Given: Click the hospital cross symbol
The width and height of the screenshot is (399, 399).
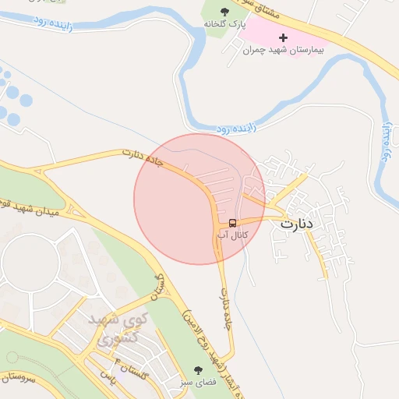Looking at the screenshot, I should click(x=282, y=37).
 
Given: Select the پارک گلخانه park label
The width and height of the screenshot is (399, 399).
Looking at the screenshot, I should click(x=225, y=25).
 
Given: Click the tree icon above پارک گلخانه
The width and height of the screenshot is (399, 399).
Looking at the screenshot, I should click(x=225, y=11).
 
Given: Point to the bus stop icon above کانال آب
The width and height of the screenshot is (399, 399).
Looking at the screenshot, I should click(x=233, y=221).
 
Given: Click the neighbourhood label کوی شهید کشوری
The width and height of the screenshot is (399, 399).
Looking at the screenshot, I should click(x=113, y=329).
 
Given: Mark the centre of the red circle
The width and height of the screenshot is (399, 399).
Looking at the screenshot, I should click(x=199, y=199).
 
